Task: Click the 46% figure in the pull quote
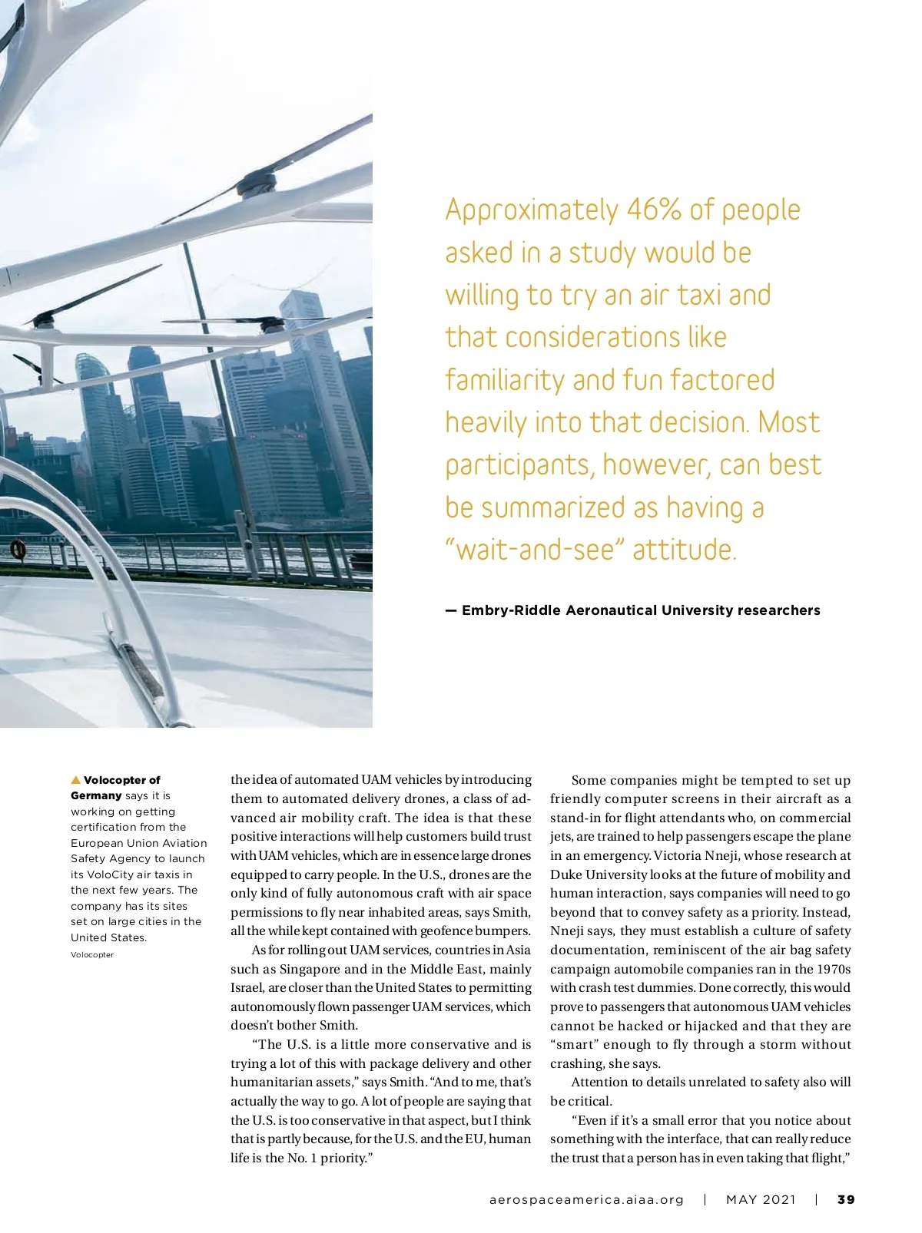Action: [x=653, y=210]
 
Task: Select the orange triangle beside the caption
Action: [x=75, y=780]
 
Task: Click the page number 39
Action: [x=846, y=1199]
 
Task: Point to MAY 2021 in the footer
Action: [x=761, y=1199]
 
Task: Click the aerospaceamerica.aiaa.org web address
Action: [x=586, y=1199]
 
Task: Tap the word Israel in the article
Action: [x=247, y=987]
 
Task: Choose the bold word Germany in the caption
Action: [x=96, y=795]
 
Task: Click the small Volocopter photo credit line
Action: [x=92, y=955]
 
